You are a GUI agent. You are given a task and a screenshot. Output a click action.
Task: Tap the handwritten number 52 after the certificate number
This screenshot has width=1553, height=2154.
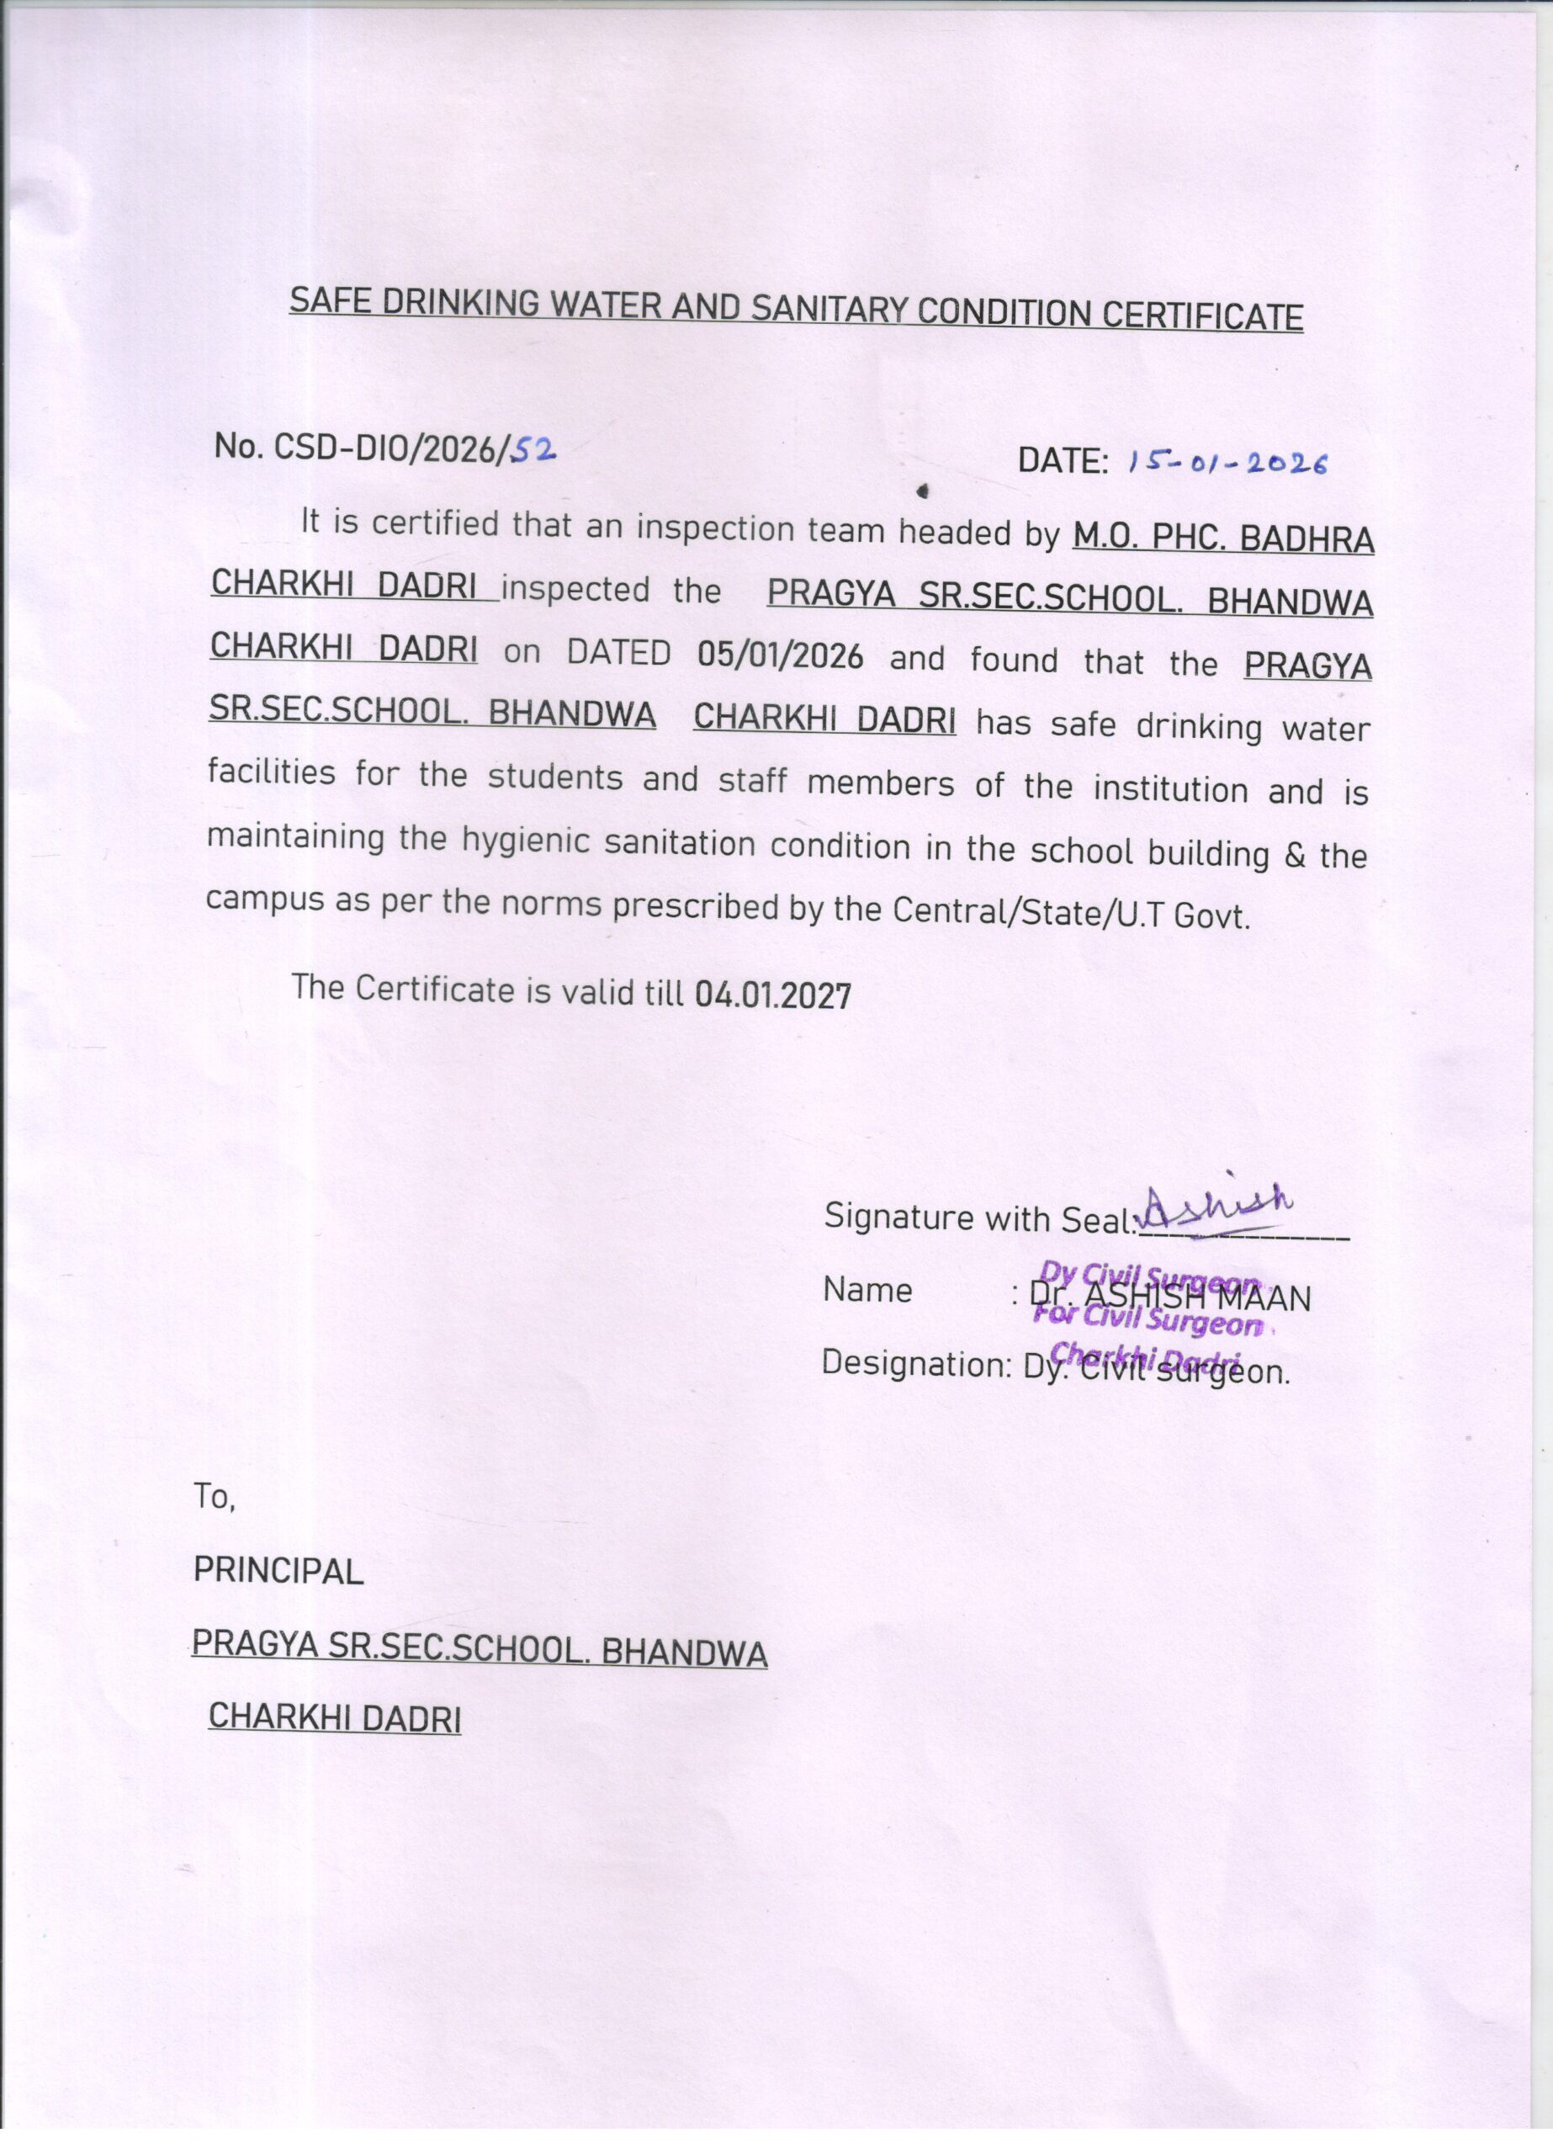coord(533,449)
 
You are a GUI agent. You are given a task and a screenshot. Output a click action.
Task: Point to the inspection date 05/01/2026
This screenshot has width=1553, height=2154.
coord(780,656)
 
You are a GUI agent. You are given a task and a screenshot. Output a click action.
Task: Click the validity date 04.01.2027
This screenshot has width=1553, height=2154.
coord(773,995)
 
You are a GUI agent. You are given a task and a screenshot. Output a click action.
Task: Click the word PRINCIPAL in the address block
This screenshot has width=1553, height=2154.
coord(278,1572)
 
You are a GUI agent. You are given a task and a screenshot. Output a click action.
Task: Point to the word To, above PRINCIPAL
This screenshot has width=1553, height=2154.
coord(214,1498)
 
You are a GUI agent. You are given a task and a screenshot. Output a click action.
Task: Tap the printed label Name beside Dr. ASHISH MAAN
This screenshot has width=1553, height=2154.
coord(867,1291)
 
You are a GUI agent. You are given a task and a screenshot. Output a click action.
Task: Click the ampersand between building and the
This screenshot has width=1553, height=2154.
coord(1294,855)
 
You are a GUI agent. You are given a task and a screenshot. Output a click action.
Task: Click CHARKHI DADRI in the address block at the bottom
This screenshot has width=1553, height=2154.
coord(334,1717)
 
